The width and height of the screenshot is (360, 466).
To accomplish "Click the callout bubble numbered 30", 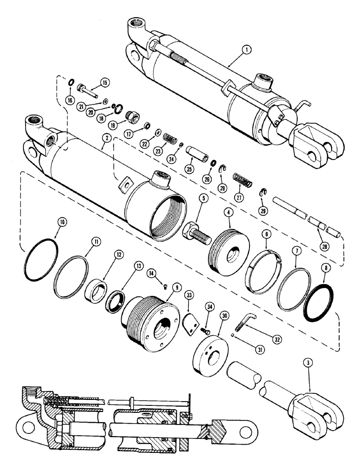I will [x=212, y=315].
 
